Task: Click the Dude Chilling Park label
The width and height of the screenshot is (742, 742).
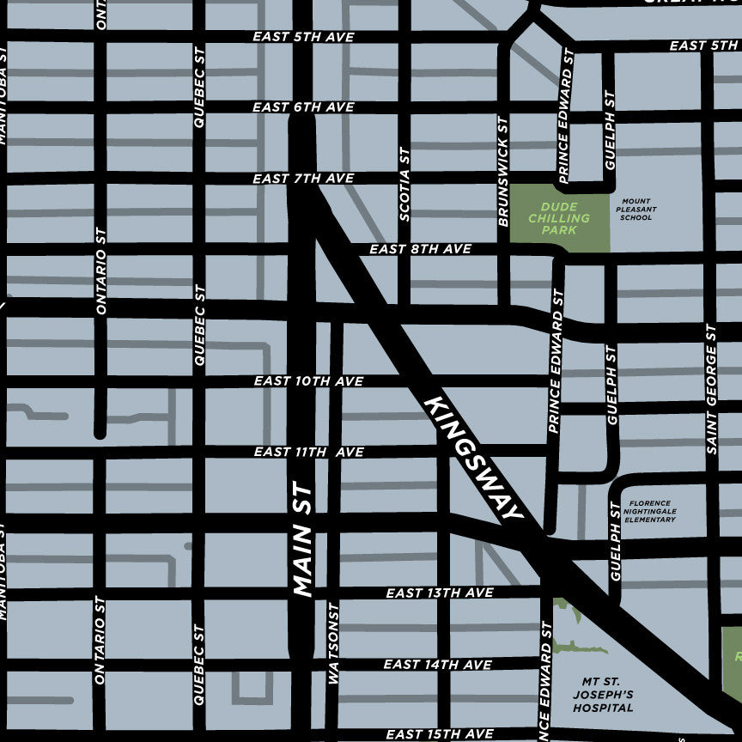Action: point(560,218)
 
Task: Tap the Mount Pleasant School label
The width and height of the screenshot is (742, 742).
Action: point(636,209)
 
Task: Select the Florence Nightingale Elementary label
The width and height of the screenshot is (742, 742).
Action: point(651,512)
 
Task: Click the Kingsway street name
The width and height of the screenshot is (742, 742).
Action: point(473,458)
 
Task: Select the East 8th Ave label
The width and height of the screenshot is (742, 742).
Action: point(421,249)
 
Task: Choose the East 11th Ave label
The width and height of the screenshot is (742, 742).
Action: point(309,452)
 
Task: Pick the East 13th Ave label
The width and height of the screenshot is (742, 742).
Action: point(439,593)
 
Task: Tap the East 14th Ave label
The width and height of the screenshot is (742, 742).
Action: point(438,665)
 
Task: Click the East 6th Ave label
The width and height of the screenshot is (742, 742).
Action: point(303,107)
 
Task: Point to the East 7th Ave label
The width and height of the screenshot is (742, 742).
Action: point(303,179)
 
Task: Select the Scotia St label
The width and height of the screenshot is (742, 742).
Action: point(404,184)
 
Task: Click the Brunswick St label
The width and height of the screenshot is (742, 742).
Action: point(504,172)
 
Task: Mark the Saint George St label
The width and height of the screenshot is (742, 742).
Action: point(711,388)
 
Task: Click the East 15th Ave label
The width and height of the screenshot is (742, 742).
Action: point(440,734)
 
